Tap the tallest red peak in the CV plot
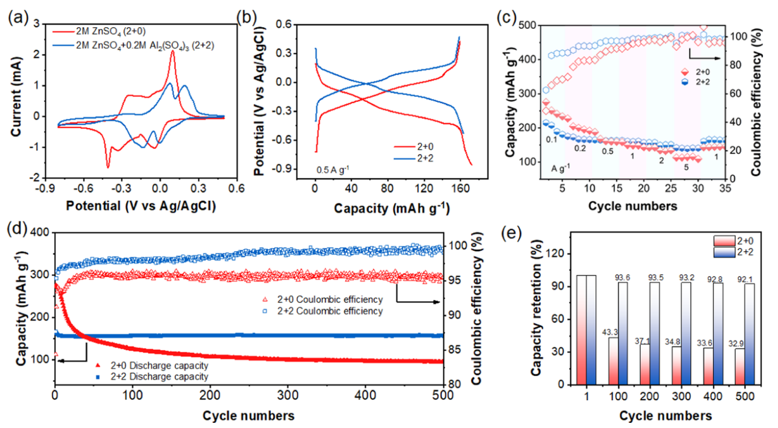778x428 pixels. coord(172,51)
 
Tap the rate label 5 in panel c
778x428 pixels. coord(685,167)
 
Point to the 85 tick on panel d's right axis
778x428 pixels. coord(454,350)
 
